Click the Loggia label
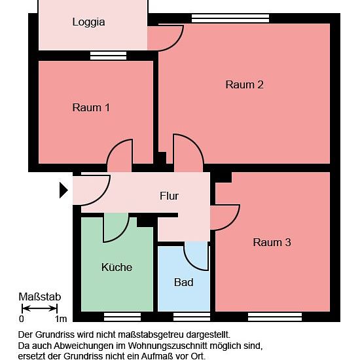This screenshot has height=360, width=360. click(x=88, y=22)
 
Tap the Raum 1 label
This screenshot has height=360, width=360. click(x=91, y=107)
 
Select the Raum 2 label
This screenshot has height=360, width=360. click(x=244, y=84)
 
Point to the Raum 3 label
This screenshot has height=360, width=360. click(x=272, y=242)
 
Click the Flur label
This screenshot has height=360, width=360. click(x=170, y=196)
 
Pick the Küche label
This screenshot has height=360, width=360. click(x=117, y=267)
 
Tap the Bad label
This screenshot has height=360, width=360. click(x=183, y=282)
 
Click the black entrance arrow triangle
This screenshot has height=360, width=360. click(x=63, y=190)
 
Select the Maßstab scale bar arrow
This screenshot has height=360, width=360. click(x=39, y=308)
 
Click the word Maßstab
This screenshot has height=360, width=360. click(x=39, y=297)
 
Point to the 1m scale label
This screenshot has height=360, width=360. click(x=61, y=319)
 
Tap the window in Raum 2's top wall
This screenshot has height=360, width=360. click(x=230, y=18)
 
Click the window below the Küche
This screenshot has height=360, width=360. click(x=122, y=317)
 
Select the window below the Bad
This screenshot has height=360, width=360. click(x=192, y=317)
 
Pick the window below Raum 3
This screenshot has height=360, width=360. click(x=275, y=317)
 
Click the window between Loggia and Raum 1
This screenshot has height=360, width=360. click(x=108, y=56)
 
